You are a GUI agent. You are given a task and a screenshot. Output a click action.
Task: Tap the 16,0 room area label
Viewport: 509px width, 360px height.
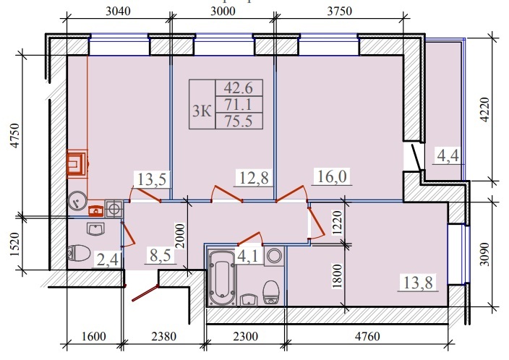tap(332, 177)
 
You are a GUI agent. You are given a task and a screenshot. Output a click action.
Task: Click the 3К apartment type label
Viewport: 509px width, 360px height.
tap(202, 111)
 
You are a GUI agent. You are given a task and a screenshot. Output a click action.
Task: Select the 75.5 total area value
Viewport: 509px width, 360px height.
tap(239, 121)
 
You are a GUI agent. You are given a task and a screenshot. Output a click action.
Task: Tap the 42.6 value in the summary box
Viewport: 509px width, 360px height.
tap(239, 89)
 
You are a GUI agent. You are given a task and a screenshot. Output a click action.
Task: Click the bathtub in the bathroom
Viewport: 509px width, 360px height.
tap(222, 278)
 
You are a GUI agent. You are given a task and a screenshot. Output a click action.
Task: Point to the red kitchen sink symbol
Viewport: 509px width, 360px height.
tap(95, 211)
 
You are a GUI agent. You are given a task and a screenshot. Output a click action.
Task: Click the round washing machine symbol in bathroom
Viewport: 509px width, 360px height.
tap(273, 255)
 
